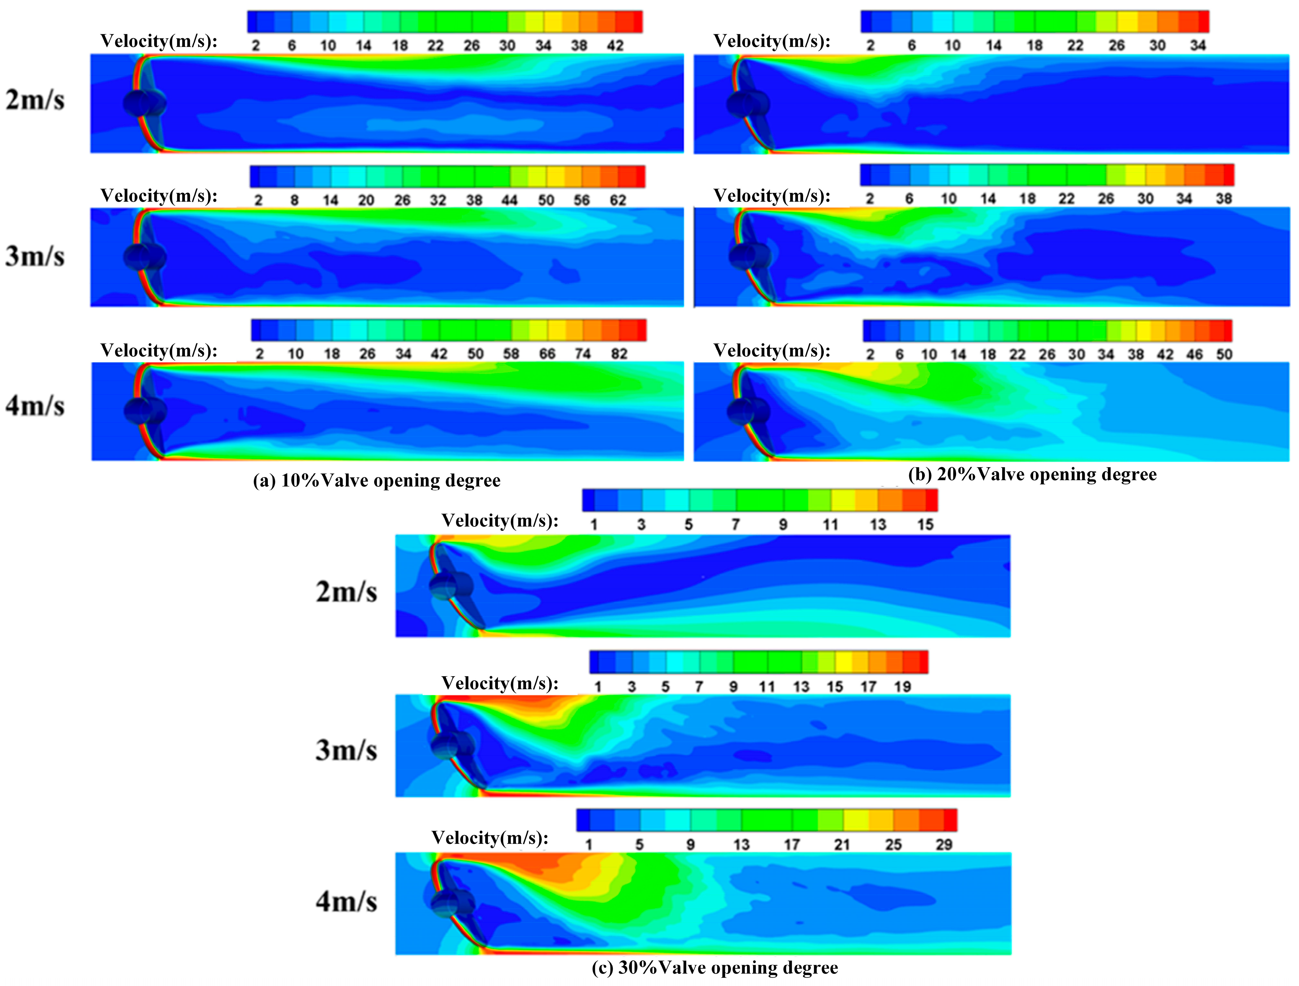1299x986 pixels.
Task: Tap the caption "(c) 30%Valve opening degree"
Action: [715, 967]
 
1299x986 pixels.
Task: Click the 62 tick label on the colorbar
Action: [618, 200]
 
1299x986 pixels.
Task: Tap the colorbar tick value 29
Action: [944, 844]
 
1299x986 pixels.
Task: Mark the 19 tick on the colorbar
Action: [902, 686]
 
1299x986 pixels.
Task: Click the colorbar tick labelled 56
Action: [581, 200]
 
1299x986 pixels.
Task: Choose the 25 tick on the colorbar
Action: [893, 844]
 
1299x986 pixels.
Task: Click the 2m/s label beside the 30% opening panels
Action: [347, 591]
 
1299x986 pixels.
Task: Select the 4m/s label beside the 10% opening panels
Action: [35, 406]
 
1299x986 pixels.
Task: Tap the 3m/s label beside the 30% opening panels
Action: [347, 750]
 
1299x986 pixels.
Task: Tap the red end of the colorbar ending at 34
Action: [1203, 21]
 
